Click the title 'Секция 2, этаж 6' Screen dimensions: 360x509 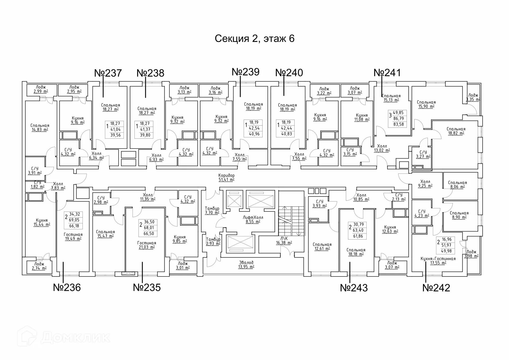(254, 38)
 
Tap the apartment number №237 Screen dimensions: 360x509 (108, 73)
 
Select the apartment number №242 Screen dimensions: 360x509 (436, 288)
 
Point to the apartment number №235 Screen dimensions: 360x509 (147, 287)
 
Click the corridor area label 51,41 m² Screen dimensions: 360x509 (226, 180)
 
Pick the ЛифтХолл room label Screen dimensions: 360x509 (253, 218)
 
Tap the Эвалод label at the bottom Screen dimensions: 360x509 (246, 263)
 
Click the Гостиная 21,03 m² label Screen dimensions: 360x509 (147, 245)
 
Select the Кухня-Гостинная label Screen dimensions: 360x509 (438, 259)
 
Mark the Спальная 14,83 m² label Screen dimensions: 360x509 (40, 128)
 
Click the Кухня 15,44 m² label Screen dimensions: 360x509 (42, 222)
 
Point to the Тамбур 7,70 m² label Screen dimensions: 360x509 (212, 211)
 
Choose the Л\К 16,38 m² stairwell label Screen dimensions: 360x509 (284, 241)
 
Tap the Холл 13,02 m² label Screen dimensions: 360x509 (382, 148)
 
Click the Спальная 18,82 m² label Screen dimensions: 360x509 (456, 131)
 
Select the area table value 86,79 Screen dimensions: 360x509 (398, 118)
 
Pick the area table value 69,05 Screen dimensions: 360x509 (74, 220)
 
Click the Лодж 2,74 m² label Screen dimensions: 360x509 (39, 266)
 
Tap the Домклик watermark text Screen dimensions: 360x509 (75, 338)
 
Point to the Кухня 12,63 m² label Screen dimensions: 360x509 (390, 229)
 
